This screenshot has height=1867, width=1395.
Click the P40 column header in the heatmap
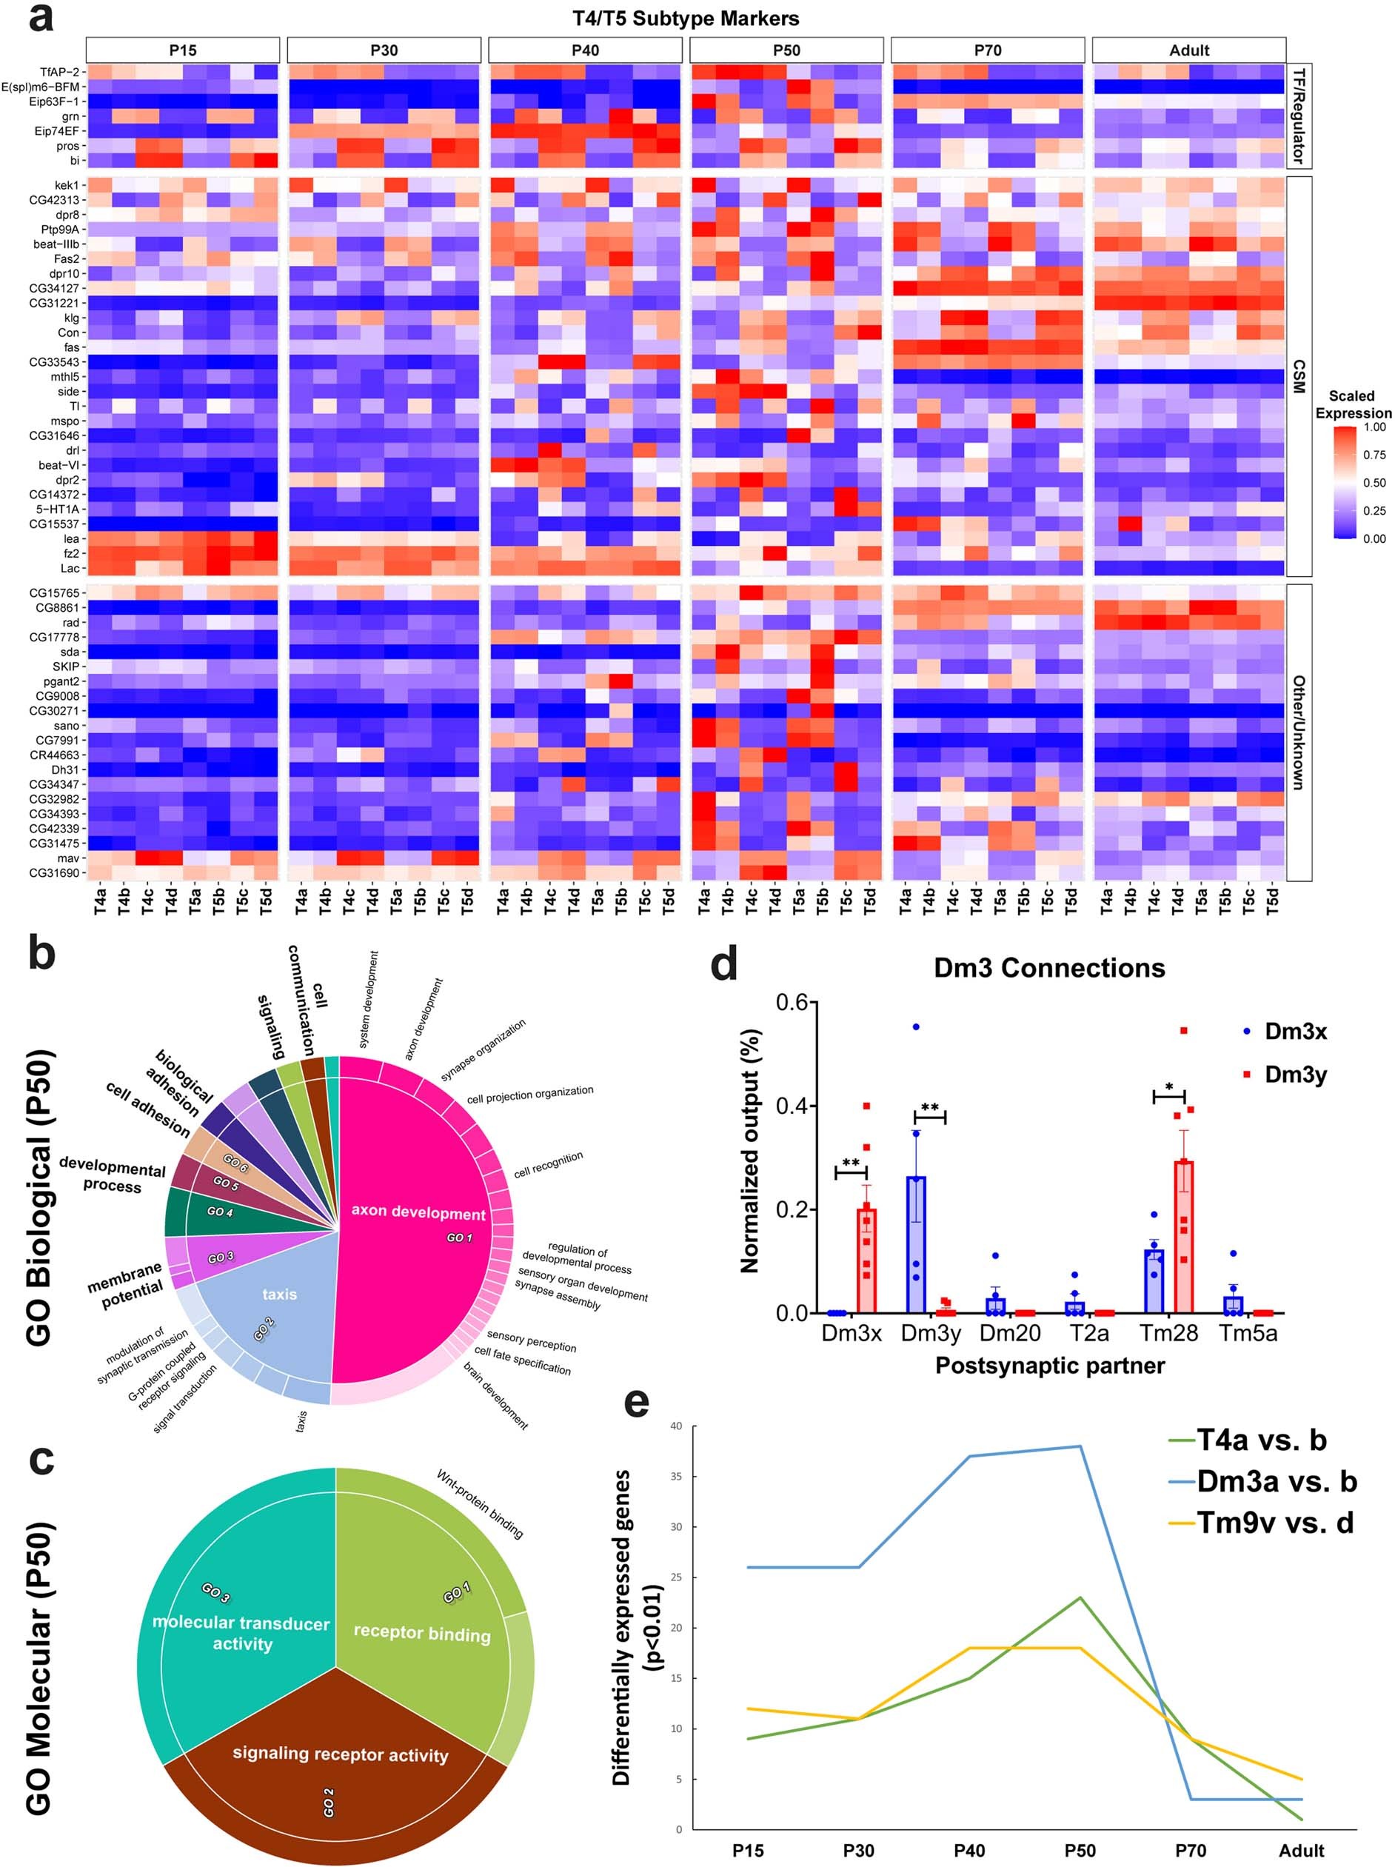(x=585, y=50)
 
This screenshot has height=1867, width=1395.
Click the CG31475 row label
(x=54, y=844)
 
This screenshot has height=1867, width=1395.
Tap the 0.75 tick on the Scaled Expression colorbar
(x=1374, y=455)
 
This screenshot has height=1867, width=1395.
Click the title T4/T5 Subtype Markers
(x=685, y=18)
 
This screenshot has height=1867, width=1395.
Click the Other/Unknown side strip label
(x=1299, y=732)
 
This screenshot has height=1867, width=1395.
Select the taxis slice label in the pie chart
(x=279, y=1294)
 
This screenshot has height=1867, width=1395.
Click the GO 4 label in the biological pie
(x=219, y=1212)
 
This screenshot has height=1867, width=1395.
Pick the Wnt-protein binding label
(x=479, y=1504)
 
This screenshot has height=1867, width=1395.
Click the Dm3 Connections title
(x=1048, y=967)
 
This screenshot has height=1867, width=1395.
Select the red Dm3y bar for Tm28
(x=1184, y=1237)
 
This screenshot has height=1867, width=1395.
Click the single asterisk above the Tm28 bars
(x=1169, y=1087)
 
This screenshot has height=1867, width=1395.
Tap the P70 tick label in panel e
(x=1190, y=1850)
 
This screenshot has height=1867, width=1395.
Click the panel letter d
(x=724, y=965)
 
